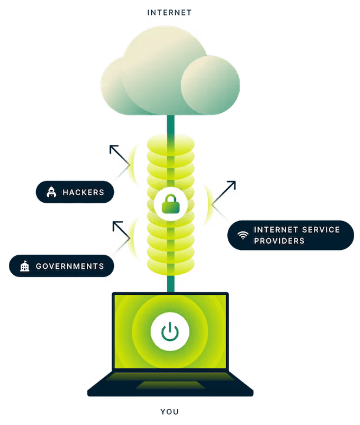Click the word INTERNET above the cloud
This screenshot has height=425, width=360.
point(170,13)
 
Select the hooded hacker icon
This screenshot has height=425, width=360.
point(51,192)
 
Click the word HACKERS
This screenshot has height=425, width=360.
point(83,192)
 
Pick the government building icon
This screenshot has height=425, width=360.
point(25,266)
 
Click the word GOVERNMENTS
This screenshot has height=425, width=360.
point(70,266)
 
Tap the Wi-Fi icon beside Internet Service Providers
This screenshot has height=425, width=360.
point(242,235)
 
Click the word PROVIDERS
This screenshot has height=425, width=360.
point(279,241)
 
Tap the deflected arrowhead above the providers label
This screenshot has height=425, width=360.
point(232,184)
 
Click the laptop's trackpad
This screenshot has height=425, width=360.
point(171,385)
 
